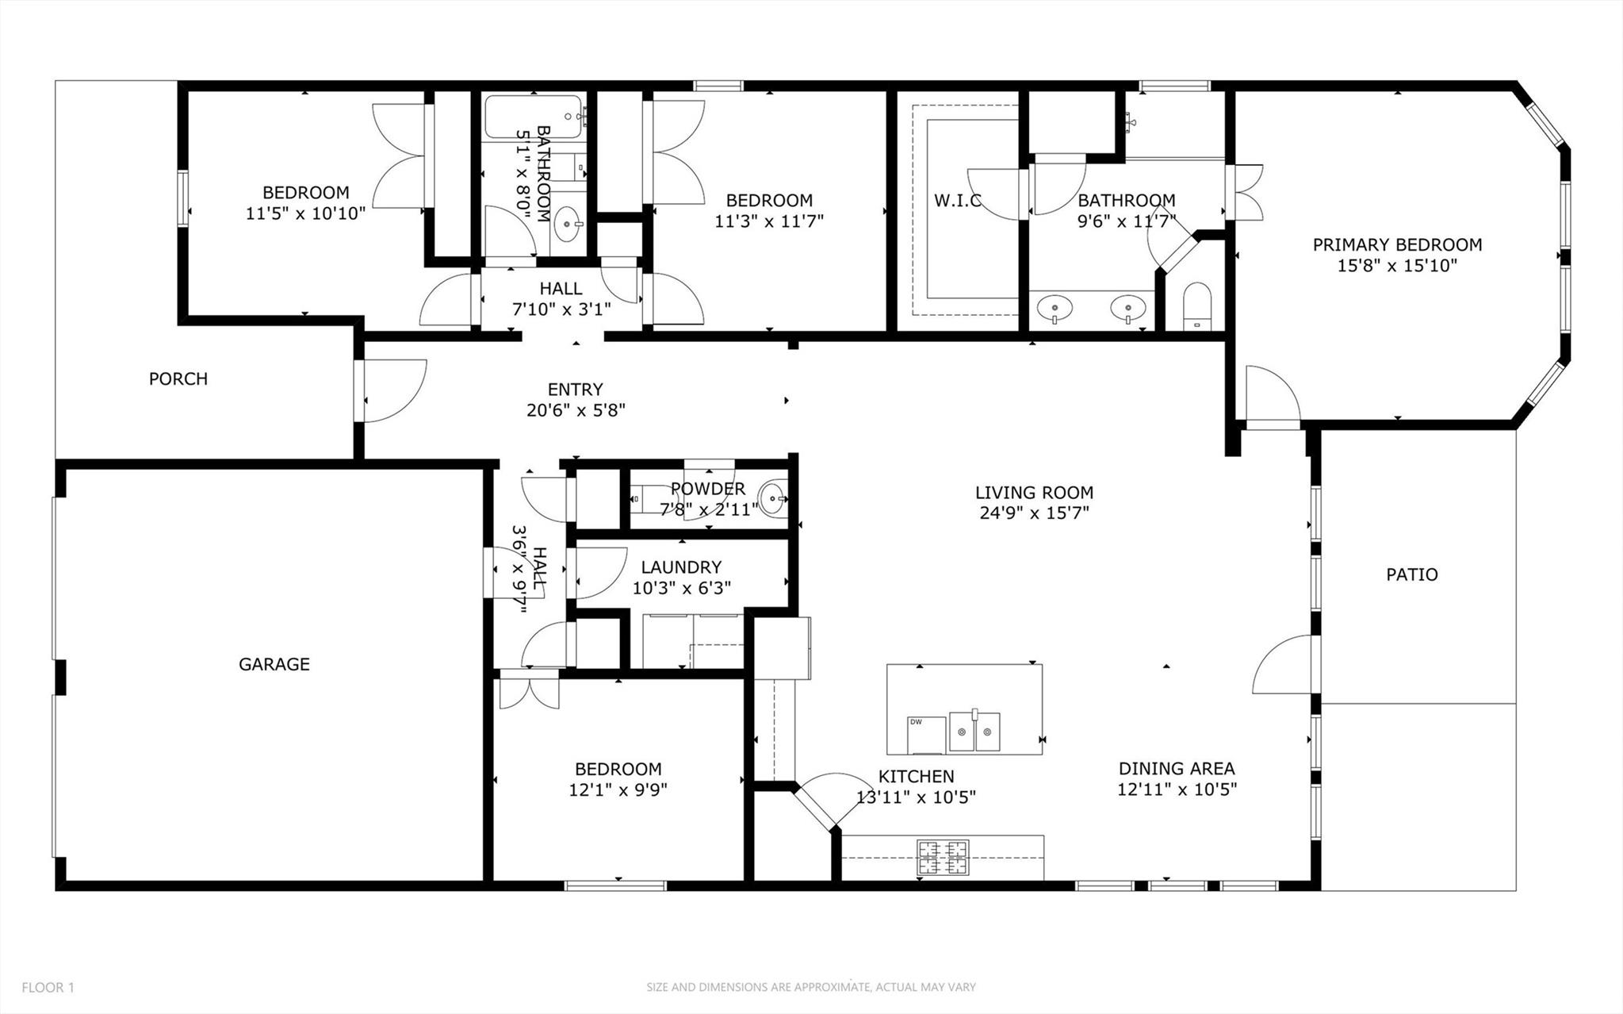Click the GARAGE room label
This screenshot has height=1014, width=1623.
(274, 664)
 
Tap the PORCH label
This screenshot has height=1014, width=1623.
(178, 378)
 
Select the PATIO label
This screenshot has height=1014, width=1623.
(1411, 574)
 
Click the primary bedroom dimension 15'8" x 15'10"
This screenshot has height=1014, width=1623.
(1397, 266)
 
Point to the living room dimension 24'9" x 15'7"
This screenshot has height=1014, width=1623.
(1034, 513)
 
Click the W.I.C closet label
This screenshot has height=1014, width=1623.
(957, 201)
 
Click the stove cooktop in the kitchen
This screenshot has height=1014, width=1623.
(943, 858)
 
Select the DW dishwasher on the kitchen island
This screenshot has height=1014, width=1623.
(926, 735)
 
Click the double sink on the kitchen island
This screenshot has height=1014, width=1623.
(974, 731)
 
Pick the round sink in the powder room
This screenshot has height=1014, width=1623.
(771, 498)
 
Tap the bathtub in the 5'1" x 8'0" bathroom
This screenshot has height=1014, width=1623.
(533, 118)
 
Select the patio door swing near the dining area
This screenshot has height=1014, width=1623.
(1281, 665)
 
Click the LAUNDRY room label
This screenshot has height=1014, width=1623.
(681, 567)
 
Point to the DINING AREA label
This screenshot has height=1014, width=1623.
(1177, 768)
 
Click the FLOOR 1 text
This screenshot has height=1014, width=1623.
(48, 988)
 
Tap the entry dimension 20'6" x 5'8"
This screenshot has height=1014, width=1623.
(576, 410)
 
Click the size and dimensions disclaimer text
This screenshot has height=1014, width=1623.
(810, 988)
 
